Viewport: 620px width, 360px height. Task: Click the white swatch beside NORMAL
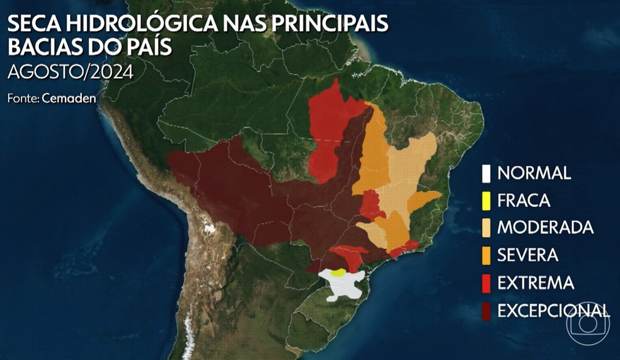pyautogui.click(x=486, y=173)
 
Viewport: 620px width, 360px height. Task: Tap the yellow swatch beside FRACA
pyautogui.click(x=486, y=200)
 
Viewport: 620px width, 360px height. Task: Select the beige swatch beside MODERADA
pyautogui.click(x=486, y=228)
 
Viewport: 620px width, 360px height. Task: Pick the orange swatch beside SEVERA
pyautogui.click(x=486, y=255)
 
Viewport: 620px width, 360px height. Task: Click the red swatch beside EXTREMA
pyautogui.click(x=486, y=283)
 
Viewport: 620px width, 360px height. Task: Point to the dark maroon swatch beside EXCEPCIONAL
pyautogui.click(x=486, y=310)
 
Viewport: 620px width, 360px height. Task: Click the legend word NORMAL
pyautogui.click(x=534, y=173)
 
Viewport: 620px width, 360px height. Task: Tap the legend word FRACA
pyautogui.click(x=524, y=200)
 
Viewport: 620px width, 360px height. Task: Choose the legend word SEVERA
pyautogui.click(x=527, y=255)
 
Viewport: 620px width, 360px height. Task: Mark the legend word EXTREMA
pyautogui.click(x=536, y=283)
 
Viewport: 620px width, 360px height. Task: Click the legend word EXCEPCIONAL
pyautogui.click(x=553, y=310)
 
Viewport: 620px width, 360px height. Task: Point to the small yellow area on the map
pyautogui.click(x=338, y=272)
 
